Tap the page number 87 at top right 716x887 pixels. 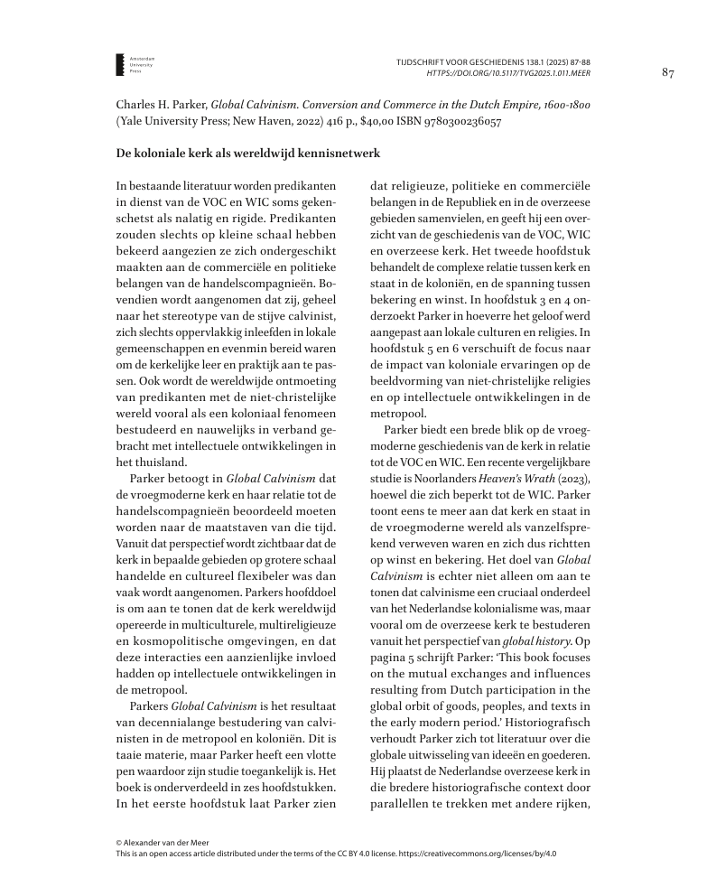pyautogui.click(x=668, y=72)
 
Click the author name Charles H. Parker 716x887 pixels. pyautogui.click(x=161, y=105)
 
